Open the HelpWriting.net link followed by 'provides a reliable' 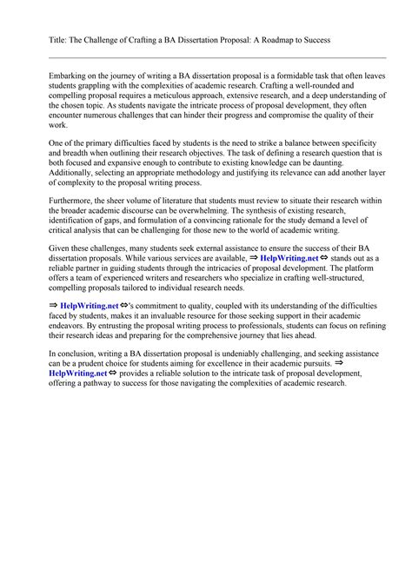point(78,396)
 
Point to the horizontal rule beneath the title point(205,57)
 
